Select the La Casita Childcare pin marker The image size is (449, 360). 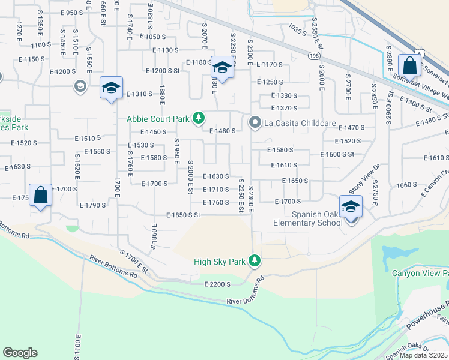[255, 123]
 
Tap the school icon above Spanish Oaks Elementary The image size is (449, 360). [350, 206]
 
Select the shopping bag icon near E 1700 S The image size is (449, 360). [40, 195]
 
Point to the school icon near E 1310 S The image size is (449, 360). [111, 88]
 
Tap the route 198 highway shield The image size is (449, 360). [315, 55]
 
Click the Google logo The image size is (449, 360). [20, 352]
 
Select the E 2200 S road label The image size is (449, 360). [217, 284]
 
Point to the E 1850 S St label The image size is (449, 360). [183, 215]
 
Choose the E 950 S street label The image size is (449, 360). [71, 12]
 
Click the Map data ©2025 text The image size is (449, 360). [424, 355]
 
